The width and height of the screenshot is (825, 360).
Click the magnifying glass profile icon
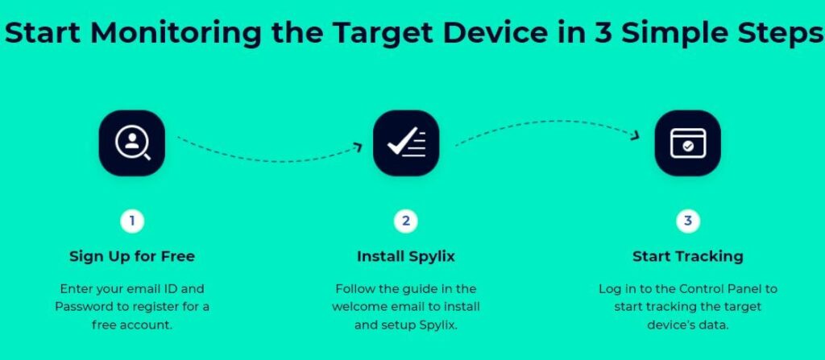pos(132,143)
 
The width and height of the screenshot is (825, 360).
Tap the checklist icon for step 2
pos(406,143)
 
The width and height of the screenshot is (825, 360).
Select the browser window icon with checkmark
pos(688,143)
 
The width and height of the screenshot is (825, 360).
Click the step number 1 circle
pos(132,221)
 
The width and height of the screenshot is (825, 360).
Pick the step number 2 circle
pos(406,221)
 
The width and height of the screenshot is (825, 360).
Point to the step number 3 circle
pos(688,221)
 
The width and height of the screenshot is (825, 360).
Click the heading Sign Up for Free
pos(132,257)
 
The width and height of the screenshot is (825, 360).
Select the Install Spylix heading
pos(406,257)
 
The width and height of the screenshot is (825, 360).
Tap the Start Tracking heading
pos(688,257)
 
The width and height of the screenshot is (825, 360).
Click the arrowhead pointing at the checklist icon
pos(359,147)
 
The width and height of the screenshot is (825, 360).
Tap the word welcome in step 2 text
pos(355,307)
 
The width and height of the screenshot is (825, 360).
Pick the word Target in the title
pos(383,34)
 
